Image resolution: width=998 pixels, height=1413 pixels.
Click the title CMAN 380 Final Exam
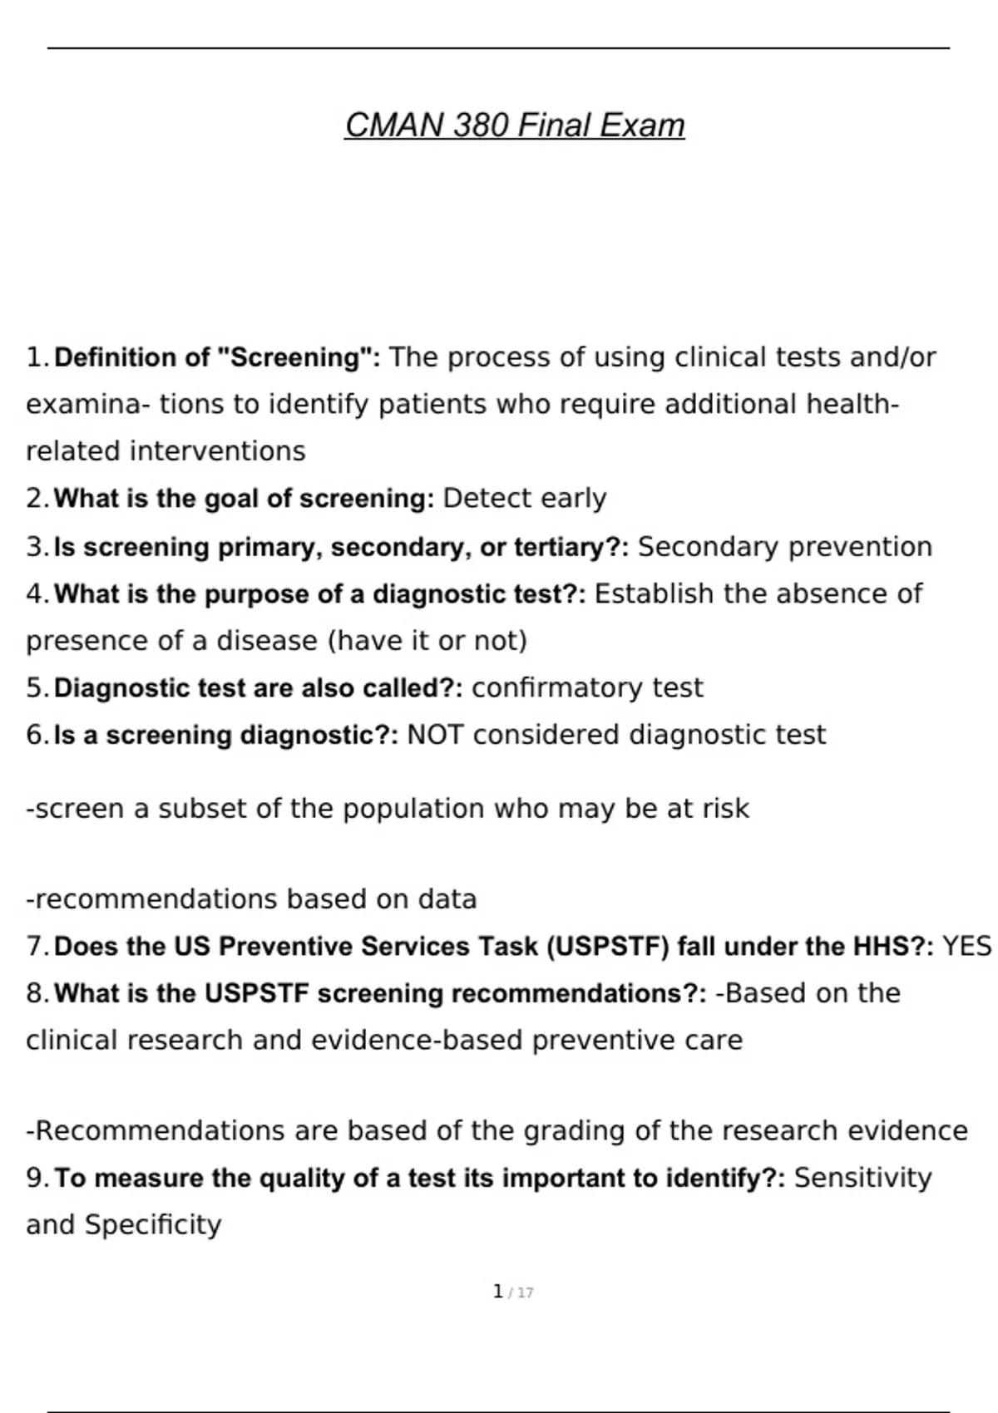click(x=515, y=126)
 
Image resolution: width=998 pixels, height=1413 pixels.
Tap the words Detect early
click(x=525, y=498)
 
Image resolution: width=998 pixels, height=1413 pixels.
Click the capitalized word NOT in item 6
click(x=435, y=735)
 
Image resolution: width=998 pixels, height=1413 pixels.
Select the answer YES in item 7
click(x=966, y=947)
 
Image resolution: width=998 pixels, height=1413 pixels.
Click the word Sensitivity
click(x=862, y=1178)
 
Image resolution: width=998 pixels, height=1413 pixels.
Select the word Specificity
click(x=153, y=1225)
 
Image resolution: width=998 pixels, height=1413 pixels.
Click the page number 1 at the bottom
click(x=497, y=1292)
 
